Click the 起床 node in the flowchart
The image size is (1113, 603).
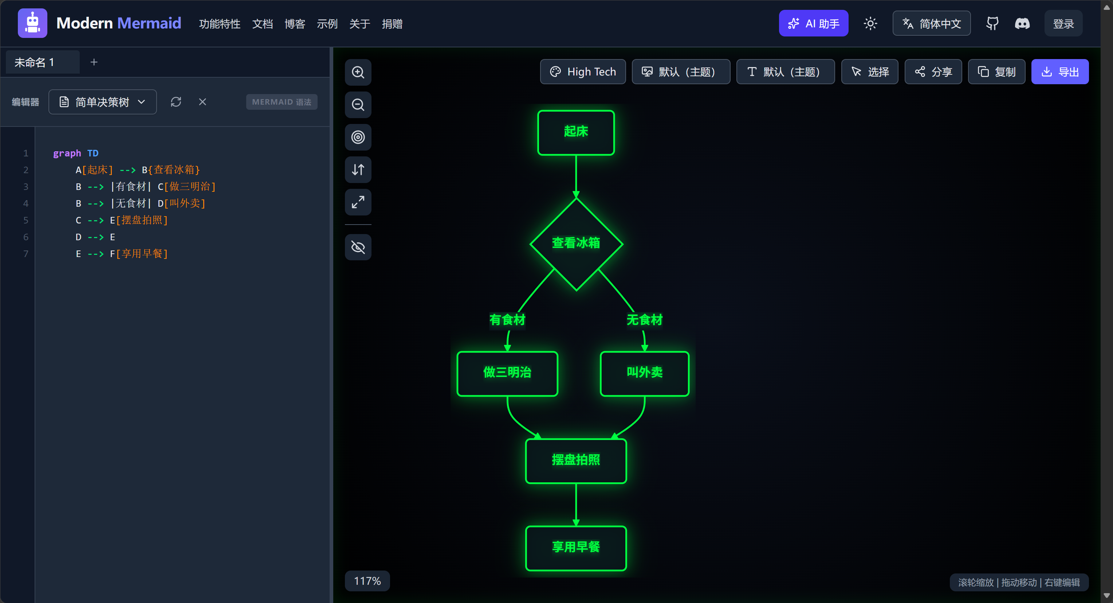tap(575, 132)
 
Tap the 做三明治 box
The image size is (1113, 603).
tap(507, 373)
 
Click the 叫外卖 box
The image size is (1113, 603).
tap(644, 373)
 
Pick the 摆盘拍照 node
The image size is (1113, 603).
tap(575, 461)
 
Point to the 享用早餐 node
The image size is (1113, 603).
tap(575, 548)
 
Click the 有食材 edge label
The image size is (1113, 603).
tap(507, 320)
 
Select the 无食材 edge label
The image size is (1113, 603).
tap(644, 320)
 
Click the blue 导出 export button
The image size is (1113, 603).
tap(1059, 72)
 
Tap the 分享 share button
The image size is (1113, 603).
tap(933, 72)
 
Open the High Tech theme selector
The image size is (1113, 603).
tap(582, 72)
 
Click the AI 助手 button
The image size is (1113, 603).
tap(813, 23)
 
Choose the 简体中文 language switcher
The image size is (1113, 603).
tap(931, 23)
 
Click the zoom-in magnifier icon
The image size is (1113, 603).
tap(358, 72)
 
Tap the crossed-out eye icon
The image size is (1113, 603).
tap(358, 247)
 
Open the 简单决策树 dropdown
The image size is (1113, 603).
tap(102, 102)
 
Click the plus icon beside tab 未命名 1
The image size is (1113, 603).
tap(94, 62)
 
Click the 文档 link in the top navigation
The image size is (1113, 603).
tap(262, 24)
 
